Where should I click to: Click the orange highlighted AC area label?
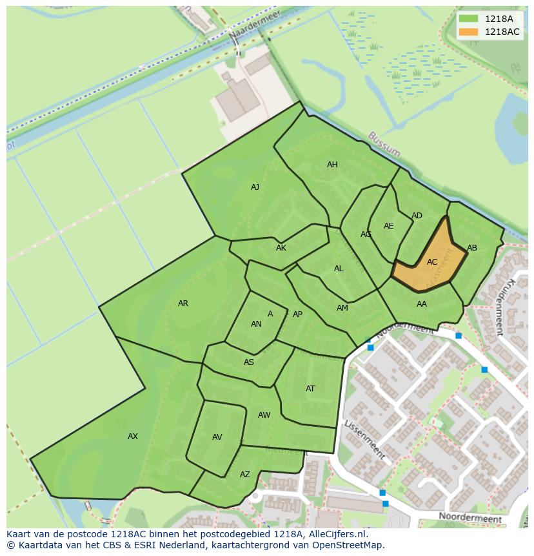click(x=432, y=262)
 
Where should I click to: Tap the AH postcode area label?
click(x=332, y=165)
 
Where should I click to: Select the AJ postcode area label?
click(x=255, y=187)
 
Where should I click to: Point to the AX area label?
click(x=133, y=437)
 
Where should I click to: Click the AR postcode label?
click(x=183, y=304)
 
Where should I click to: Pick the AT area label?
click(x=310, y=389)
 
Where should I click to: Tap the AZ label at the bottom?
click(x=245, y=475)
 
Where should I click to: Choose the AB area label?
click(x=472, y=248)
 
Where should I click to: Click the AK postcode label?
click(x=281, y=248)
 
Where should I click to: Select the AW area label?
click(x=264, y=415)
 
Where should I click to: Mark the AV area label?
click(x=217, y=437)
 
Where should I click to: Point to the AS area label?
click(x=249, y=362)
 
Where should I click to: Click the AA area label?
click(x=422, y=304)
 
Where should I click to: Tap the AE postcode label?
click(x=388, y=226)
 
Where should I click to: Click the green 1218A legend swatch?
click(x=468, y=19)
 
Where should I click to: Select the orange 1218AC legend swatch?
click(x=468, y=32)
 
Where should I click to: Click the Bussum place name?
click(x=384, y=145)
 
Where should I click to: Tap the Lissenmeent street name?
click(x=365, y=440)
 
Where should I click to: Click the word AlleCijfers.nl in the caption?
click(x=337, y=534)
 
